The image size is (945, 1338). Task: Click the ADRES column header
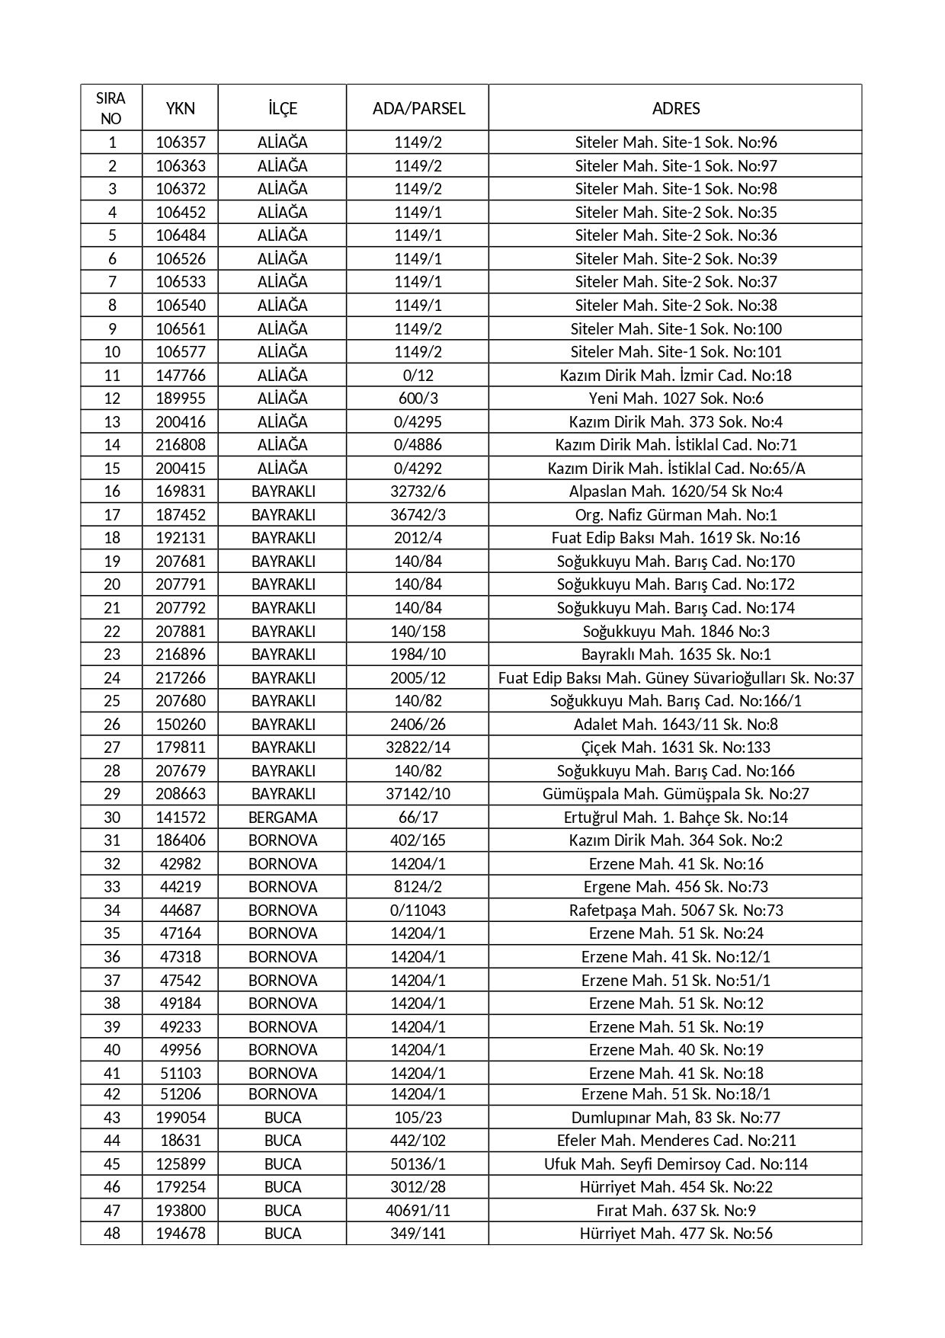click(675, 108)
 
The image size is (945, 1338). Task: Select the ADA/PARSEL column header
click(418, 108)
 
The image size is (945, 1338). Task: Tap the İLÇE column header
click(283, 108)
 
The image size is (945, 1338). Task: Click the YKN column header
click(181, 108)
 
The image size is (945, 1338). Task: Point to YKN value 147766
click(181, 375)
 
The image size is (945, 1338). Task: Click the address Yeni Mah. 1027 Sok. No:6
click(675, 399)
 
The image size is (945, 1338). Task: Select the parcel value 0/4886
click(418, 445)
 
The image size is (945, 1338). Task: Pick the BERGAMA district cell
click(283, 818)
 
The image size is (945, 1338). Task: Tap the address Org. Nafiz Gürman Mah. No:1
click(675, 515)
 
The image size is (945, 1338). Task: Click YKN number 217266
click(181, 678)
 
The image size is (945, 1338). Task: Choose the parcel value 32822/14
click(418, 747)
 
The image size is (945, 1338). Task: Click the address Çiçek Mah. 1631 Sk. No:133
click(675, 747)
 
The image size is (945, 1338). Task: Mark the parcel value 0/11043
click(418, 911)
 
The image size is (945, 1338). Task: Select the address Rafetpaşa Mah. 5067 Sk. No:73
click(675, 911)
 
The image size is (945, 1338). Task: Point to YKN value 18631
click(181, 1141)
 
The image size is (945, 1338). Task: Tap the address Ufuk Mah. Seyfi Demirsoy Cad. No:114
click(675, 1164)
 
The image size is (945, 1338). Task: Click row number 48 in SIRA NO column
click(112, 1234)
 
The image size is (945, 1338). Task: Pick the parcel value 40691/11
click(418, 1211)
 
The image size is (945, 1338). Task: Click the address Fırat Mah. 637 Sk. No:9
click(675, 1211)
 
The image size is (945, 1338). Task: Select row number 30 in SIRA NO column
click(112, 818)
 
